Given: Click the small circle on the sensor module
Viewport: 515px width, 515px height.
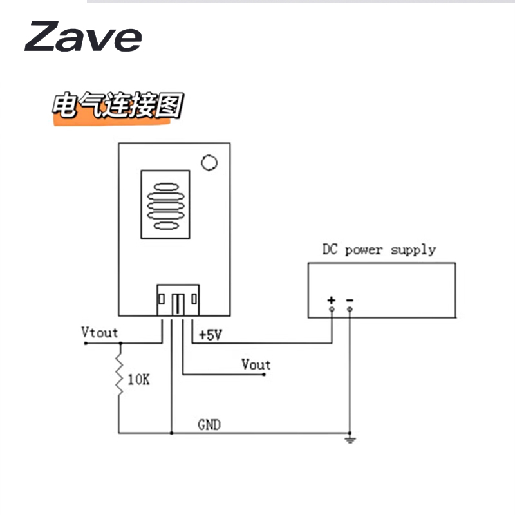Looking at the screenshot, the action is (209, 163).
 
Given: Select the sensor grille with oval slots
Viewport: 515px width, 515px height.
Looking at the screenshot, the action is (165, 205).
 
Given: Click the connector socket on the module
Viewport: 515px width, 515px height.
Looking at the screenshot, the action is (178, 299).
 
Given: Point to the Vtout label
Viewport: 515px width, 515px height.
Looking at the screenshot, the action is (100, 332).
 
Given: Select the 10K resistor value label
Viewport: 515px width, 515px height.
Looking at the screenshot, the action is (138, 380).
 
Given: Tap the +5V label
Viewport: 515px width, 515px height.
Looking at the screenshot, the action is (210, 335).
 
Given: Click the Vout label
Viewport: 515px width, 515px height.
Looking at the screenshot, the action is (256, 364).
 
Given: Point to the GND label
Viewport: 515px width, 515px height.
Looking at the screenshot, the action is (209, 425).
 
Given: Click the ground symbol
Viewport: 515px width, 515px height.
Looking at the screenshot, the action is (350, 440).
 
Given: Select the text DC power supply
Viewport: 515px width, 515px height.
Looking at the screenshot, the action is (379, 249).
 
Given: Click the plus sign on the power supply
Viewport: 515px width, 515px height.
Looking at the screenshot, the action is (332, 300).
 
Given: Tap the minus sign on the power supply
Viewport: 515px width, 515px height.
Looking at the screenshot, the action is (350, 300).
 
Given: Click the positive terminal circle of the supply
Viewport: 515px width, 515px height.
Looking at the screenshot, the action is (332, 310).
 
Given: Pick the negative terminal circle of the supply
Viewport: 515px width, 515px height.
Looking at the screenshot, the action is (350, 310).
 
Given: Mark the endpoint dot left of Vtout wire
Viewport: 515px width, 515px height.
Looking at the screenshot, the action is (85, 343).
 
